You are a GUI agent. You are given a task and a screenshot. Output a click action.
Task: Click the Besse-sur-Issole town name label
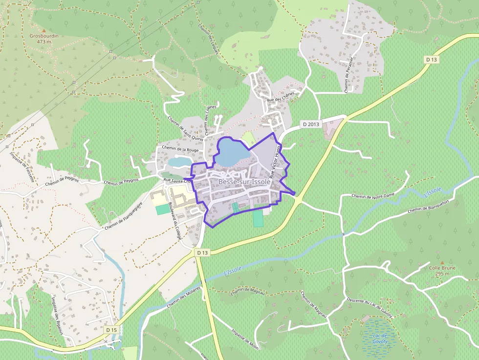point(244,182)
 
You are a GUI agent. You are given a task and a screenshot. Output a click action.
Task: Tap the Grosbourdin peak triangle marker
point(44,30)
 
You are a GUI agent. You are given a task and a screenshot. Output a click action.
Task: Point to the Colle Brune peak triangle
point(442,263)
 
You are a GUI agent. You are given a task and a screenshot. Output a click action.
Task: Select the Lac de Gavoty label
point(380,339)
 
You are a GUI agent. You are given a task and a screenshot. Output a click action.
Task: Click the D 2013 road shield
point(310,124)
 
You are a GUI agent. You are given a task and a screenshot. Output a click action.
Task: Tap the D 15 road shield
point(111,330)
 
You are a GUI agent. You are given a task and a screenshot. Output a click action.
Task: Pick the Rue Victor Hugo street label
point(275,161)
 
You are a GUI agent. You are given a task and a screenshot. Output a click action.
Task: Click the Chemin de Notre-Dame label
point(373,195)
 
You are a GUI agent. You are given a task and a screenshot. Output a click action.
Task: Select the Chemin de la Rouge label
point(179,148)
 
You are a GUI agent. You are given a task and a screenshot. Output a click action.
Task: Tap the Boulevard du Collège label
point(174,220)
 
